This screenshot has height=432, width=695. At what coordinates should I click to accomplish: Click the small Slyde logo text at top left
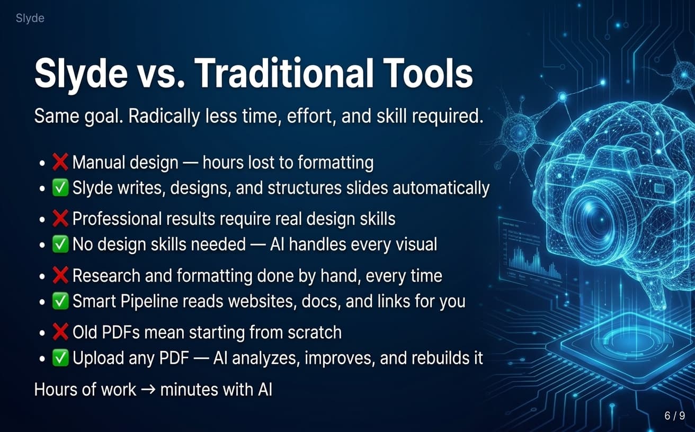(x=30, y=19)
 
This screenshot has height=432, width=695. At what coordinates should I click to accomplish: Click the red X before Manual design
(x=60, y=162)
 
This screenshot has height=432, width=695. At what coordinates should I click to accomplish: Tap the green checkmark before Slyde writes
(x=60, y=187)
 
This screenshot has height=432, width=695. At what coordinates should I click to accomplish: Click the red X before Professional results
(x=60, y=218)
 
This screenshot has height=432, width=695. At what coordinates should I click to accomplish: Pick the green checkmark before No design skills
(x=60, y=244)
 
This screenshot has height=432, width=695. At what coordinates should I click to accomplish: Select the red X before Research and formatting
(x=60, y=275)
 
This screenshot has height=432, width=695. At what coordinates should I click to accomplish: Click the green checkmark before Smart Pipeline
(x=60, y=301)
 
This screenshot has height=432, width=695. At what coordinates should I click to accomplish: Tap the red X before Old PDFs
(x=60, y=332)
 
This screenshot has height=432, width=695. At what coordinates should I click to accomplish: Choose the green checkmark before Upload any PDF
(x=60, y=358)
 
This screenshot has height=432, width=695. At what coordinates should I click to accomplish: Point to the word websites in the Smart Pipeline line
(x=262, y=301)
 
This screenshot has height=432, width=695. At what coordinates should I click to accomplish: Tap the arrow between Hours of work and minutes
(x=148, y=390)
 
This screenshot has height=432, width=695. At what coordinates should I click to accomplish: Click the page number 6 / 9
(x=674, y=416)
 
